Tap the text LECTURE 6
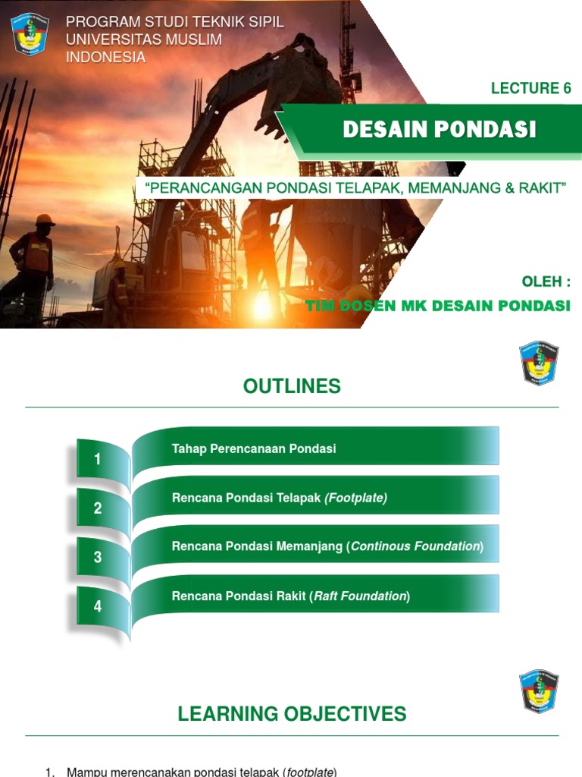[530, 88]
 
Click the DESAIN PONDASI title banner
[439, 130]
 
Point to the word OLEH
[542, 282]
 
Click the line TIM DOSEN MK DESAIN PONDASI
[437, 306]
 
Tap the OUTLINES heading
[292, 386]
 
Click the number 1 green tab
[98, 459]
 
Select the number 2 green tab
[98, 508]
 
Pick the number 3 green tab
[98, 558]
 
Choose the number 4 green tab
[98, 607]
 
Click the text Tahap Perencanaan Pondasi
[254, 448]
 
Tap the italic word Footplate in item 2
[355, 498]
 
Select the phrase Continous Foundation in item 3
[415, 546]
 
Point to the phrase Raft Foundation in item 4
[360, 596]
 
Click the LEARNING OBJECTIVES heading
[292, 714]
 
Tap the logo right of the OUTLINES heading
[539, 363]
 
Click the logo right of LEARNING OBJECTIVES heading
[539, 691]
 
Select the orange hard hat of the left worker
[44, 220]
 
